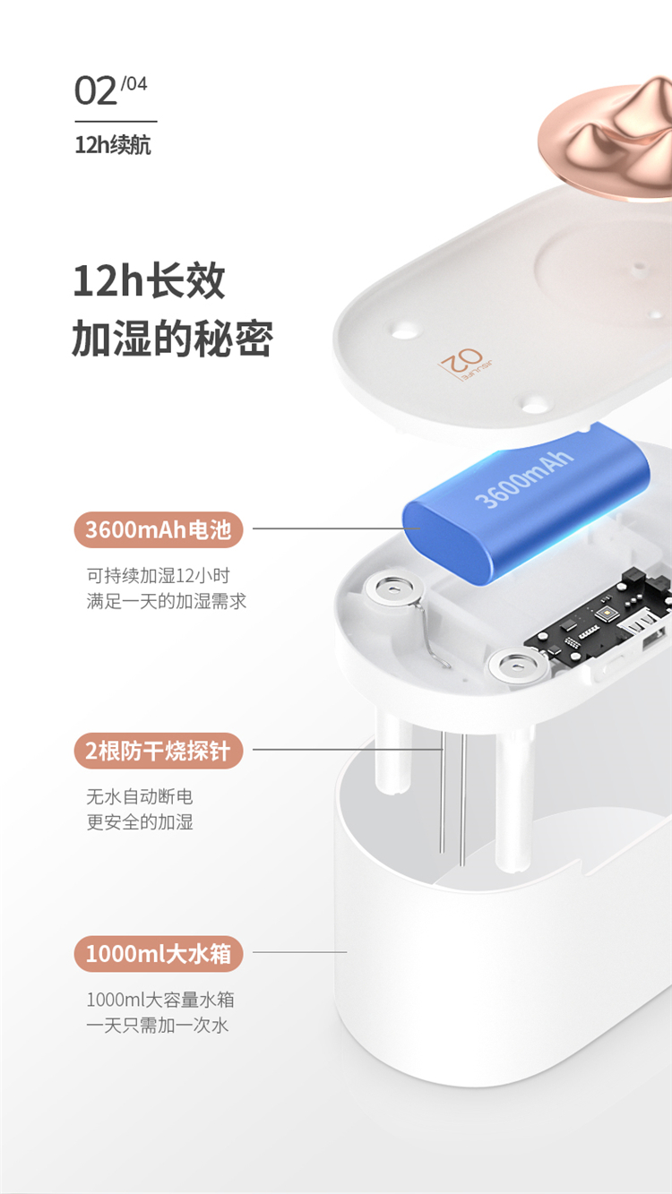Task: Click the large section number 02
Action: pyautogui.click(x=96, y=90)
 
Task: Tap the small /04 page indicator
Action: pyautogui.click(x=134, y=83)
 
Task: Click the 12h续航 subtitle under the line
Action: pyautogui.click(x=113, y=144)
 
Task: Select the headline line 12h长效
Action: pyautogui.click(x=149, y=281)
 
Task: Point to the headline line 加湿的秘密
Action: pyautogui.click(x=172, y=339)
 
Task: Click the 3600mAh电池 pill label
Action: pyautogui.click(x=159, y=530)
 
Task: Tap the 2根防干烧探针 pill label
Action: pyautogui.click(x=159, y=751)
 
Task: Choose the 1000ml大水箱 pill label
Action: pyautogui.click(x=159, y=954)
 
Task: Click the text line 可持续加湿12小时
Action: pyautogui.click(x=159, y=576)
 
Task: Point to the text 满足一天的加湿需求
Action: pyautogui.click(x=167, y=601)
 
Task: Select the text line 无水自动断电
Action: pyautogui.click(x=140, y=796)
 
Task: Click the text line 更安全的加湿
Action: pyautogui.click(x=140, y=822)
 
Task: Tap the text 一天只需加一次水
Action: pyautogui.click(x=158, y=1025)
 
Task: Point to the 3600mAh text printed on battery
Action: pyautogui.click(x=524, y=479)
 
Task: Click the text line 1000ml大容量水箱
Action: pyautogui.click(x=160, y=1000)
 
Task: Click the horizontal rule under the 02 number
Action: pyautogui.click(x=116, y=122)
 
